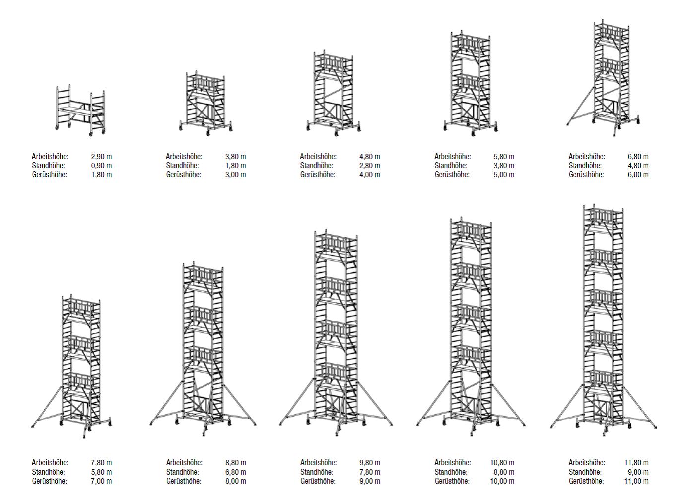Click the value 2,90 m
102,157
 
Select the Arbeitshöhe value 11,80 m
636,463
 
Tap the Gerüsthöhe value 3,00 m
236,175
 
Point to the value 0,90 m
102,166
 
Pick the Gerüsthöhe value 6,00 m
638,175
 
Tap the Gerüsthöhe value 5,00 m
504,175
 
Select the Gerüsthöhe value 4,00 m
370,175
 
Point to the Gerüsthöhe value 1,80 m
102,175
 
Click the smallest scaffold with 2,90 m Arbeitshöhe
80,110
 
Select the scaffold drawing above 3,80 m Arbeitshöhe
205,103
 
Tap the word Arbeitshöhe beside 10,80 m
452,463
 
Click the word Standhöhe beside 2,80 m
317,166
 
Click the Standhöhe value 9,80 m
638,472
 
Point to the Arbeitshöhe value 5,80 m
504,157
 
